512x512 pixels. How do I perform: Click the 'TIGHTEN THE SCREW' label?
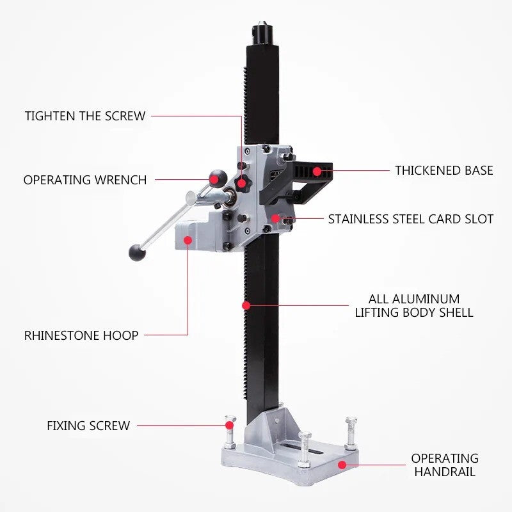[85, 116]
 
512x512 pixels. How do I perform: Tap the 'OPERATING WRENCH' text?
[85, 180]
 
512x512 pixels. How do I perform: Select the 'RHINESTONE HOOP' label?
[81, 335]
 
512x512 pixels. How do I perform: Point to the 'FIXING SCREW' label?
[88, 426]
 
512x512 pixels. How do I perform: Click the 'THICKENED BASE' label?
[444, 170]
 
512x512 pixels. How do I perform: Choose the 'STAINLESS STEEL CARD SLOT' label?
[410, 219]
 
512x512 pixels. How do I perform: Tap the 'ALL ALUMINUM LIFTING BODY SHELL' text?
[413, 306]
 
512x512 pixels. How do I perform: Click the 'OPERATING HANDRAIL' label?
[444, 465]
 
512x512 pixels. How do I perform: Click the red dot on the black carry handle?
[317, 171]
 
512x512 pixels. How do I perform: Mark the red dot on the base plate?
[342, 465]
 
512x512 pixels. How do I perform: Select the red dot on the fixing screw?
[230, 425]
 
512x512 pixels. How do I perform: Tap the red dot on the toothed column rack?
[246, 305]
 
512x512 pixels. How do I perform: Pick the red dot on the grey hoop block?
[188, 241]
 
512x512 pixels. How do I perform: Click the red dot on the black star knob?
[241, 183]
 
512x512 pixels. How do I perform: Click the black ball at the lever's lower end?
[137, 252]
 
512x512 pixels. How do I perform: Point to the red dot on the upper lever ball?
[214, 179]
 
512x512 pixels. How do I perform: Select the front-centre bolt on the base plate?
[305, 449]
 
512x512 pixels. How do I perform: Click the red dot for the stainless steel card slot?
[276, 218]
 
